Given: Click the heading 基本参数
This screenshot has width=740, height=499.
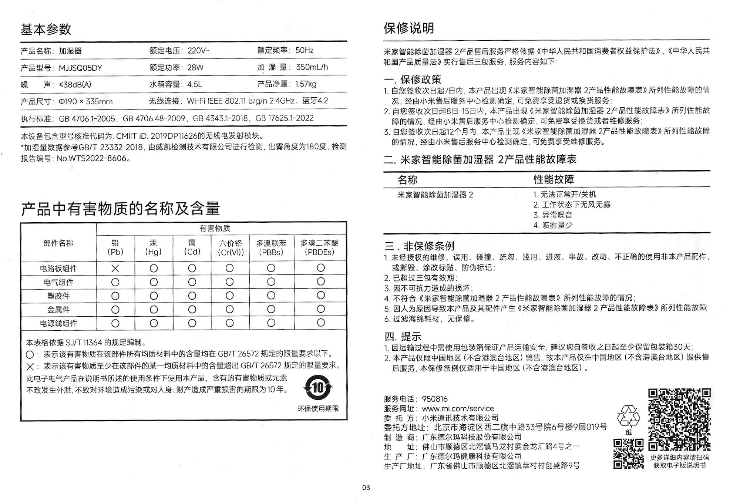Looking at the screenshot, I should tap(46, 29).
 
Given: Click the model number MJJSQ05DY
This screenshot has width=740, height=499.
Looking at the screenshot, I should tap(80, 68).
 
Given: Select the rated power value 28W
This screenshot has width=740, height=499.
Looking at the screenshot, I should tap(195, 67).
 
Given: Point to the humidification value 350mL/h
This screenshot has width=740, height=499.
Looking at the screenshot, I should tap(312, 67).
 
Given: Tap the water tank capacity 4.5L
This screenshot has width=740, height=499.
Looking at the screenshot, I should tap(195, 84).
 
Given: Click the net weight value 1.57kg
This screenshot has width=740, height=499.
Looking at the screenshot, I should tap(306, 84).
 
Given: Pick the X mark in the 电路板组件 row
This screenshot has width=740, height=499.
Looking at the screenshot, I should tap(115, 268).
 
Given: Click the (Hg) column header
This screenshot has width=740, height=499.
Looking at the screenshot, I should tap(153, 252).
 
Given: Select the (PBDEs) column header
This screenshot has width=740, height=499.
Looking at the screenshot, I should tap(319, 252).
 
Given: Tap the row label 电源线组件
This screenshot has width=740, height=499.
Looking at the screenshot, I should tap(58, 323).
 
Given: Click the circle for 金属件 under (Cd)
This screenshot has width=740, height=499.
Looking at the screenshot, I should tap(192, 310).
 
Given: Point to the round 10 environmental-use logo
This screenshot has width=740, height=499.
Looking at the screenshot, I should tap(318, 388).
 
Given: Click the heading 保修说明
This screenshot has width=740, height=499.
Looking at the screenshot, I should tap(408, 28).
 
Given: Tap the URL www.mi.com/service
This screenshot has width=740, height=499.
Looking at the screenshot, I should tap(458, 408).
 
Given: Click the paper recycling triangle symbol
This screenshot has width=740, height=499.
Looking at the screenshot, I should tap(628, 416).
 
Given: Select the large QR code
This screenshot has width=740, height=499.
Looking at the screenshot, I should tap(679, 419).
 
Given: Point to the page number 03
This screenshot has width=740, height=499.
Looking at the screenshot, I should tap(366, 488).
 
